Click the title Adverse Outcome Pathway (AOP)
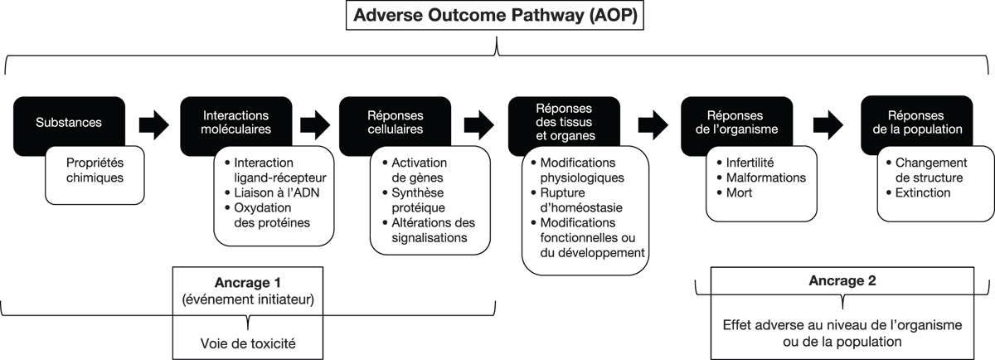[495, 15]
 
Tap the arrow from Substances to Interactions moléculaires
[153, 125]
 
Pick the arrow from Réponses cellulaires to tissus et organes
[479, 125]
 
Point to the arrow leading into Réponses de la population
[828, 125]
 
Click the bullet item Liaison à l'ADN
[272, 192]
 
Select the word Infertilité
[750, 163]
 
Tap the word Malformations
[766, 178]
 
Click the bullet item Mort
[735, 193]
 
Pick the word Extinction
[923, 193]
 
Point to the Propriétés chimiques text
[95, 170]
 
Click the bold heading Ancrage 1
[247, 282]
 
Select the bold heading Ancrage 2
[842, 280]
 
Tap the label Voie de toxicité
[248, 343]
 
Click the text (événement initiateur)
[248, 299]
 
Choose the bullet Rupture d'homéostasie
[576, 200]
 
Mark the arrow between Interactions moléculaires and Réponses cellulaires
[315, 125]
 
